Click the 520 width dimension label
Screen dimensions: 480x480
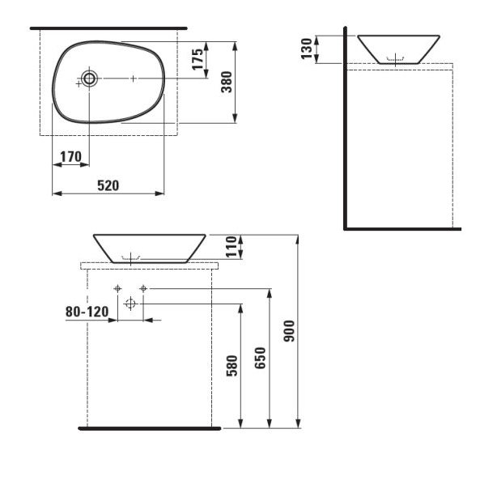pyautogui.click(x=108, y=186)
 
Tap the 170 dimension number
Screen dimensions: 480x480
pyautogui.click(x=70, y=157)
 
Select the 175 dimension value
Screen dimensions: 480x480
pyautogui.click(x=198, y=59)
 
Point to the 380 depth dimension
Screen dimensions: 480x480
pyautogui.click(x=227, y=82)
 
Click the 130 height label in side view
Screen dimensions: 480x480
pyautogui.click(x=307, y=49)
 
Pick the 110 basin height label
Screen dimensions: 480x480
pyautogui.click(x=232, y=247)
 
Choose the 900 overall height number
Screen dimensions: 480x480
pyautogui.click(x=289, y=331)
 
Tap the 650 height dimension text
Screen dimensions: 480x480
pyautogui.click(x=260, y=358)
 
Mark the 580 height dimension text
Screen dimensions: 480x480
pyautogui.click(x=232, y=366)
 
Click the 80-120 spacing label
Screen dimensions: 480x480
pyautogui.click(x=87, y=312)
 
